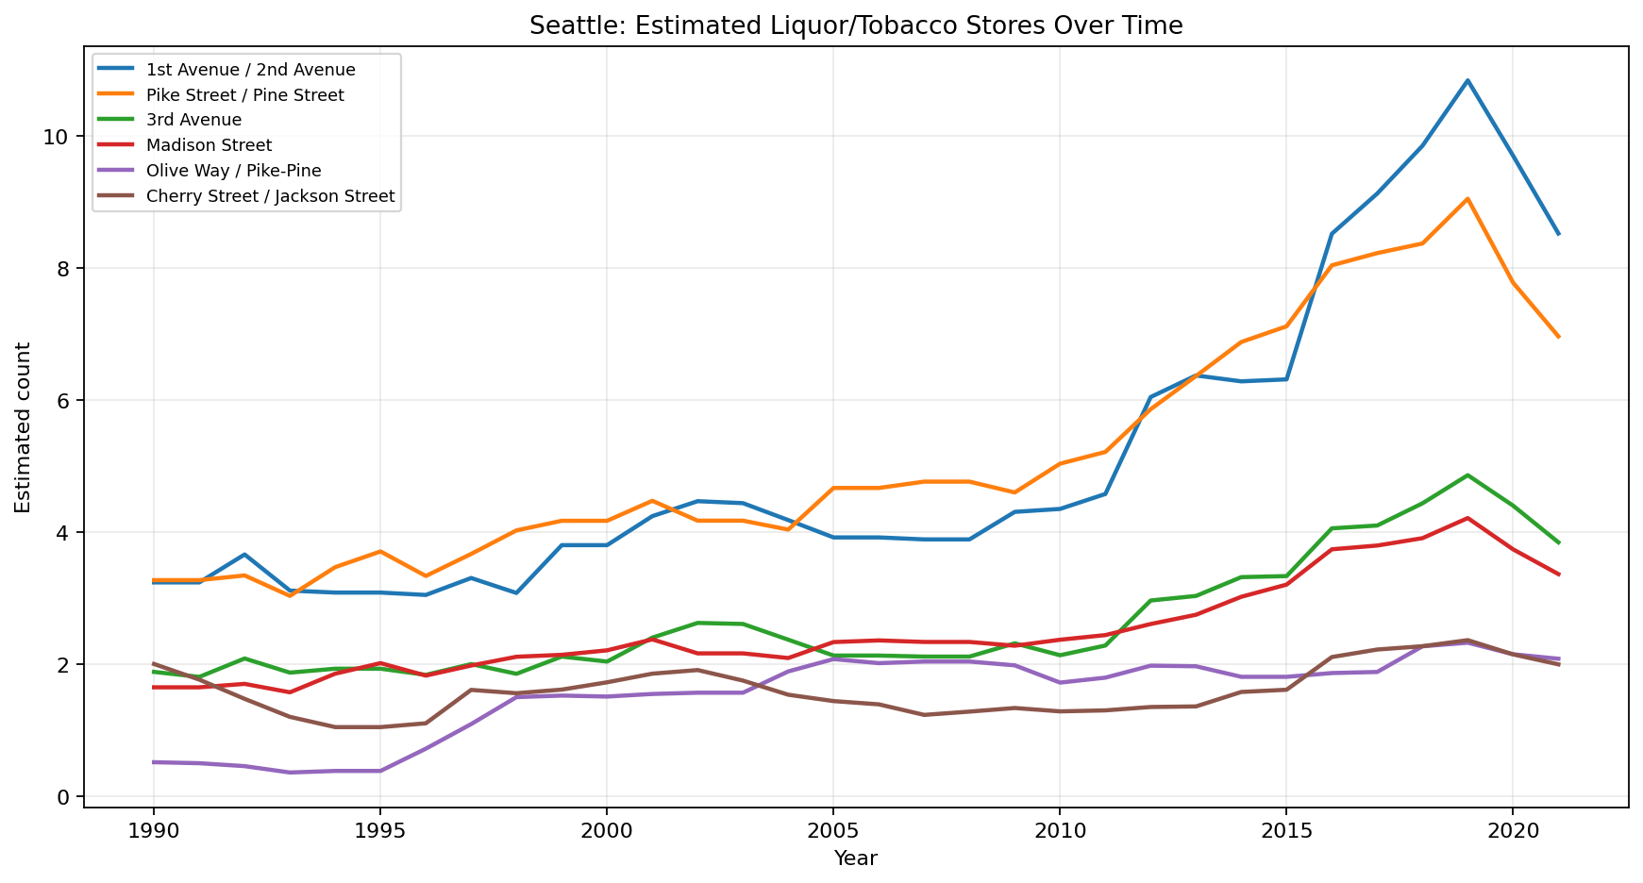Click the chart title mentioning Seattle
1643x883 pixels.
tap(855, 25)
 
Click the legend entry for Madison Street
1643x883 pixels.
tap(209, 145)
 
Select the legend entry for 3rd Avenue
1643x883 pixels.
tap(193, 120)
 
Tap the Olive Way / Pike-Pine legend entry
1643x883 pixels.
tap(233, 171)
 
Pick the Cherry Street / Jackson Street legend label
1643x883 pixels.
tap(270, 196)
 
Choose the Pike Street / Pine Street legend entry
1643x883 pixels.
tap(244, 95)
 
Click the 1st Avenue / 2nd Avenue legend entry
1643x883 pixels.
tap(250, 70)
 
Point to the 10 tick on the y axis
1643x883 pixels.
tap(57, 137)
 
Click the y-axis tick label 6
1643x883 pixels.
tap(62, 401)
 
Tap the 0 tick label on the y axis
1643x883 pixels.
tap(62, 797)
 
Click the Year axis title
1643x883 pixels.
tap(855, 858)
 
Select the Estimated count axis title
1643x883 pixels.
tap(24, 427)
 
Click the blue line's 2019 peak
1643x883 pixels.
tap(1467, 80)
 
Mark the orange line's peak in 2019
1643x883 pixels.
tap(1467, 199)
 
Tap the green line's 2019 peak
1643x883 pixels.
tap(1467, 475)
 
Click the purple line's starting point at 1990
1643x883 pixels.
tap(153, 762)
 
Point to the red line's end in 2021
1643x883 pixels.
tap(1558, 575)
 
